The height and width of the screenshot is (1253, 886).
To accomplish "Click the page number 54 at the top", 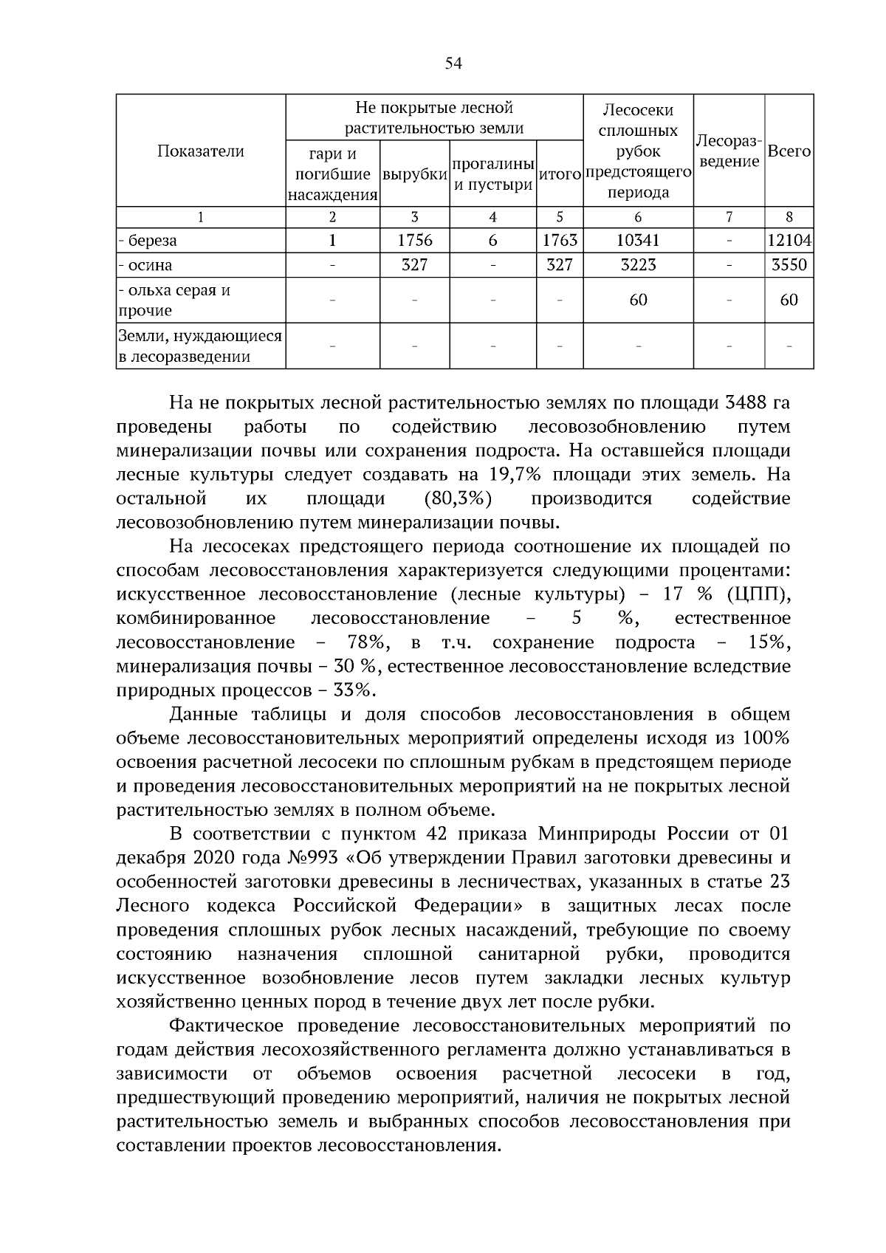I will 453,63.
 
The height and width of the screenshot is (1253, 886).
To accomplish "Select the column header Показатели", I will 200,151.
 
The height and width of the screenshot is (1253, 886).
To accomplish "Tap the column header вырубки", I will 415,175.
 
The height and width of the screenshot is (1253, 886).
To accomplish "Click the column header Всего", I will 789,151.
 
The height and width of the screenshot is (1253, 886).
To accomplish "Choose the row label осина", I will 148,265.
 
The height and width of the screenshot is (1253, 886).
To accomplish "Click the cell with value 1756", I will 415,241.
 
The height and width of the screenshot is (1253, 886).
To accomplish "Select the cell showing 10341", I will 638,241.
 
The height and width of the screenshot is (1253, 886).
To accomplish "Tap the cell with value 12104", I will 789,241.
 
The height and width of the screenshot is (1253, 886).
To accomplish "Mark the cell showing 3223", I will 638,265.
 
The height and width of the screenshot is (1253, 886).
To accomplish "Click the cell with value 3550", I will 789,265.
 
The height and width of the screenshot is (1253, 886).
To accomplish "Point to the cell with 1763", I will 560,241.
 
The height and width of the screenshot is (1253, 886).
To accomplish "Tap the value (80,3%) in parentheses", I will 459,498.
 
